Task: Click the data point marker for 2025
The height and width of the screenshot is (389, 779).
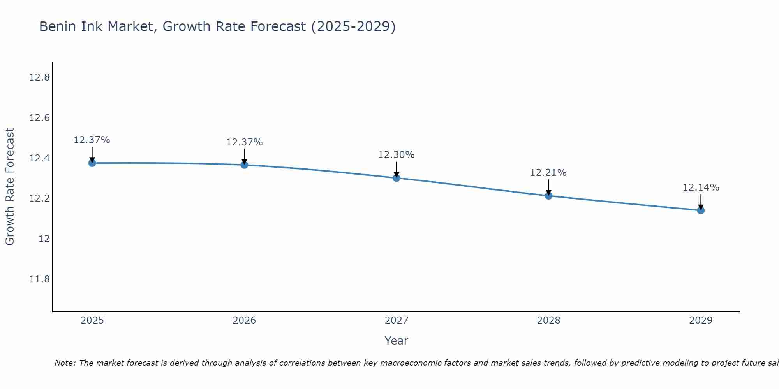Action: point(92,163)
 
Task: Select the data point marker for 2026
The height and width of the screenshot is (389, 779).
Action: point(244,165)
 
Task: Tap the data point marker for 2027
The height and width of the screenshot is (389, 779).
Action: point(397,178)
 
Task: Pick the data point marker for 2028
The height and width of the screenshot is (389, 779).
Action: point(548,196)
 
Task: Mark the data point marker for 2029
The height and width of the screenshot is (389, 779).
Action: point(701,210)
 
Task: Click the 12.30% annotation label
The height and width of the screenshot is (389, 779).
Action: point(397,155)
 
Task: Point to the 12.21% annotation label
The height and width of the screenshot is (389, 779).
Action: point(548,173)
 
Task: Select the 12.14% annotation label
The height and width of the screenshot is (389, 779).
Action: point(701,187)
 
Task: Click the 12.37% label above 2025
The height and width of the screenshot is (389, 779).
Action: point(92,140)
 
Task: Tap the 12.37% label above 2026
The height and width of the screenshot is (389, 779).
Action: point(244,142)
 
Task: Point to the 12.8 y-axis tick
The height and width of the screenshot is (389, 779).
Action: point(39,77)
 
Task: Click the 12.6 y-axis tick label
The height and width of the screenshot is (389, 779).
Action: point(39,118)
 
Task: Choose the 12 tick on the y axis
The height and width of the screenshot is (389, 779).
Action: point(44,239)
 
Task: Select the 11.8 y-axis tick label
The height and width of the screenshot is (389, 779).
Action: point(39,279)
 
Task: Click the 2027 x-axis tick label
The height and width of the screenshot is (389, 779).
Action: point(397,321)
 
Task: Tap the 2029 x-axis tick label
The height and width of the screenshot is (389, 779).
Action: point(701,321)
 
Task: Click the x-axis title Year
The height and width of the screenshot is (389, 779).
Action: point(397,341)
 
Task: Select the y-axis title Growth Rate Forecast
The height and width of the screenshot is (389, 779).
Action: point(10,187)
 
